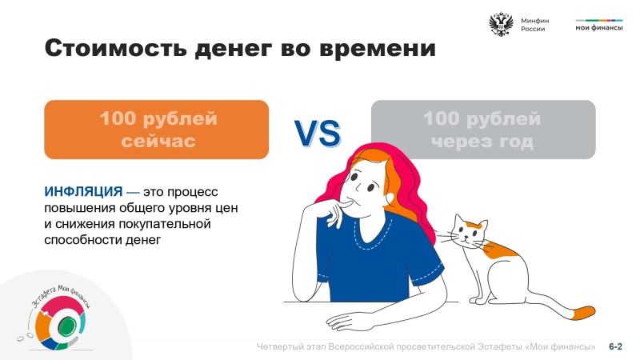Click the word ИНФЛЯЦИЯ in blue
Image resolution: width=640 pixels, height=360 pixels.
83,191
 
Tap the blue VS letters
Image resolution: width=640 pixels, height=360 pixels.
318,134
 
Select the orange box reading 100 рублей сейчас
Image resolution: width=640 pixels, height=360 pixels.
156,130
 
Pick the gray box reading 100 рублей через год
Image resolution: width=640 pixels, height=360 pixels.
483,130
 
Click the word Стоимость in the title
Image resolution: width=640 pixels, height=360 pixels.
116,48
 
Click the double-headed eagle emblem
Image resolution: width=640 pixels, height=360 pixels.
501,25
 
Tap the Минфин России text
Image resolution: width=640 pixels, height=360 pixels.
534,25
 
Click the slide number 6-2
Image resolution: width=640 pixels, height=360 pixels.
615,346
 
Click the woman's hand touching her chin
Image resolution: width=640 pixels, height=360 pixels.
337,211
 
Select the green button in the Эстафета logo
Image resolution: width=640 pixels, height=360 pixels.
66,326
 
